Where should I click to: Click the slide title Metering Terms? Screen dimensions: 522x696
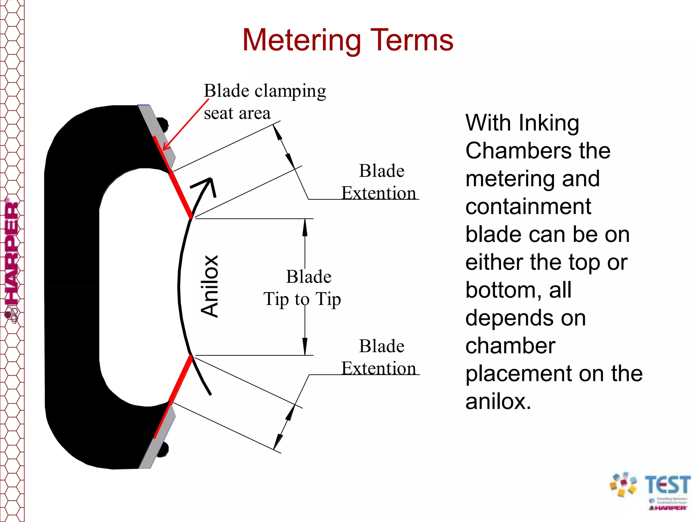(x=348, y=40)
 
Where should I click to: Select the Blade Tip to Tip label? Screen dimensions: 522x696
(x=302, y=288)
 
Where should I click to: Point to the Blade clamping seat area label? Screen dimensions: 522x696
(x=264, y=102)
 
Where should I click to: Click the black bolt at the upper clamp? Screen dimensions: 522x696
(x=163, y=124)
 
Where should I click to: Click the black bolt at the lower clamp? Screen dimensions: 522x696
(x=163, y=449)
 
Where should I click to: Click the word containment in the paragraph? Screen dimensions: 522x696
(x=528, y=206)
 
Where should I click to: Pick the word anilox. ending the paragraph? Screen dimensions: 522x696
(x=498, y=401)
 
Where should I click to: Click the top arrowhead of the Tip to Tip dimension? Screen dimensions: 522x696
(x=305, y=227)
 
